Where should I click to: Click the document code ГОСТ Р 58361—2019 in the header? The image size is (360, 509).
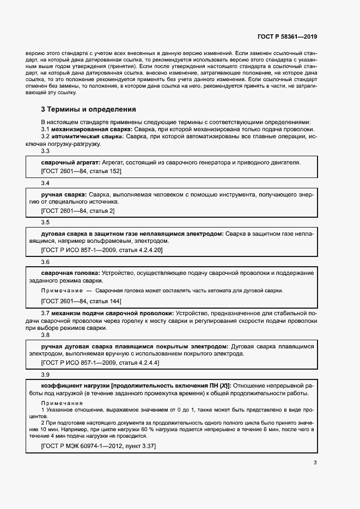click(x=286, y=36)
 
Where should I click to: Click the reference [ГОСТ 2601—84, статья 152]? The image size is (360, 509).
click(x=81, y=171)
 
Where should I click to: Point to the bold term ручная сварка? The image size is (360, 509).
click(x=64, y=194)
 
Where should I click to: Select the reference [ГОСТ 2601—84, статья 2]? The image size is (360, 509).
click(x=78, y=210)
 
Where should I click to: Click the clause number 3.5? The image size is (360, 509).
click(x=45, y=222)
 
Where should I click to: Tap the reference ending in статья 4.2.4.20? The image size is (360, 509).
click(x=102, y=250)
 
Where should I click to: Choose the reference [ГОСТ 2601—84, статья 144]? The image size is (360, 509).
click(x=81, y=301)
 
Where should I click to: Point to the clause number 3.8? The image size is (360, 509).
click(x=45, y=336)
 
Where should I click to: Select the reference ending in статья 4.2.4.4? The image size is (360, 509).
click(x=100, y=363)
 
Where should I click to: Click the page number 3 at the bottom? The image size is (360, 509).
click(x=315, y=463)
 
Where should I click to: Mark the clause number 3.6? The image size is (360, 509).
click(x=45, y=262)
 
